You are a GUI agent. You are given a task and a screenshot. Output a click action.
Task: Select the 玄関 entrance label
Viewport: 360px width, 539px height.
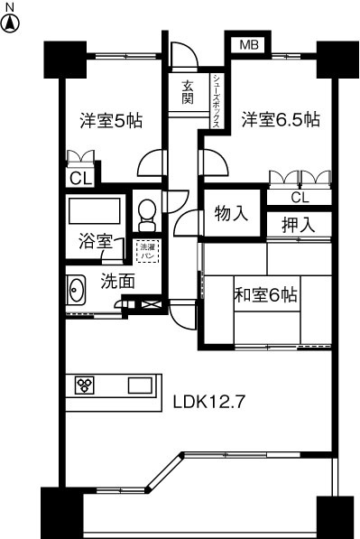tap(187, 92)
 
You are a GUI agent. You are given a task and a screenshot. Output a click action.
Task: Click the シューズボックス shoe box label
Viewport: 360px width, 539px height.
tap(217, 102)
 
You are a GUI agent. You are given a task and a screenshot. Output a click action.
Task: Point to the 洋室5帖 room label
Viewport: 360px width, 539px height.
tap(113, 119)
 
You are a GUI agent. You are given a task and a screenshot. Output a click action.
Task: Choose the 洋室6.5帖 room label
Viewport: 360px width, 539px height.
tap(280, 119)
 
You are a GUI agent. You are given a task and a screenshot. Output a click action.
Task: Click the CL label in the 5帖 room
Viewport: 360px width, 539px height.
tap(80, 178)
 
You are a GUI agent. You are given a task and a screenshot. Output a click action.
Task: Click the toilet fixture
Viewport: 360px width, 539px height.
tap(147, 213)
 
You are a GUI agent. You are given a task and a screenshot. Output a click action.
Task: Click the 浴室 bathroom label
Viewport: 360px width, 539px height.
tap(94, 242)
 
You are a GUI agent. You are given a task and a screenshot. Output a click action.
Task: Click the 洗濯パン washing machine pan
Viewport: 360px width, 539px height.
tap(147, 249)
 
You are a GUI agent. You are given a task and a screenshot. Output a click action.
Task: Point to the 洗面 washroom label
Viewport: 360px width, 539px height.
tap(117, 281)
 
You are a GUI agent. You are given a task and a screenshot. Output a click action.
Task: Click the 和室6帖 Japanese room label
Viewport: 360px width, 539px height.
tap(266, 294)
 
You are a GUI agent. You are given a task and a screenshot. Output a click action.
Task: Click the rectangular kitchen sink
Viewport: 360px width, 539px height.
tap(140, 386)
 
